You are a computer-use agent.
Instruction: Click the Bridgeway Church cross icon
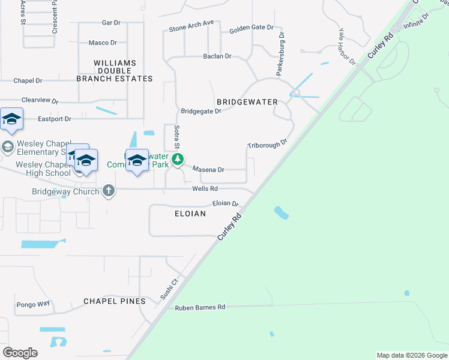click(109, 191)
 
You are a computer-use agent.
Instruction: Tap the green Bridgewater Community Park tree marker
click(177, 160)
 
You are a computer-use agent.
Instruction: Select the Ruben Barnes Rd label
click(200, 307)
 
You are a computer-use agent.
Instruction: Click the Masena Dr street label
click(208, 170)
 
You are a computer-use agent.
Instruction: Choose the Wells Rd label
click(204, 188)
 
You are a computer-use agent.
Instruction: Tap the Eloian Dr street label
click(226, 203)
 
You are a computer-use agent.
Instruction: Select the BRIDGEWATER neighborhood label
click(247, 103)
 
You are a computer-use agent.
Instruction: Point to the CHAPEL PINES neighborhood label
click(114, 301)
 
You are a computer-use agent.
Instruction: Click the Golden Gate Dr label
click(251, 28)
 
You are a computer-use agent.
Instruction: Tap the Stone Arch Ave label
click(191, 26)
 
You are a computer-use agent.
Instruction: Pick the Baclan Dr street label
click(217, 56)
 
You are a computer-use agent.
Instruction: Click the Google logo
click(20, 353)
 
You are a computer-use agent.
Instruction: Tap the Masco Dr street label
click(103, 43)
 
